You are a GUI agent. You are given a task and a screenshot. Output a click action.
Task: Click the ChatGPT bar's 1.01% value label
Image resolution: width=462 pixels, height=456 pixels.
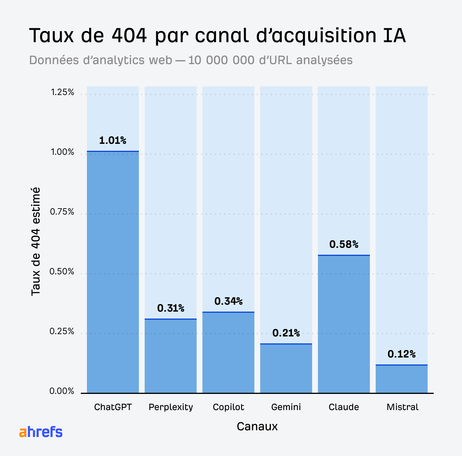[x=113, y=141]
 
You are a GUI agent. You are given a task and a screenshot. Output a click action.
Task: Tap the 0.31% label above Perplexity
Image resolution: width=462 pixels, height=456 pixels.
[x=171, y=308]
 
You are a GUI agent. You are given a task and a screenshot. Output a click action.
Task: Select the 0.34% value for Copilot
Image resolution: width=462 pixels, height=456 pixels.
[x=228, y=301]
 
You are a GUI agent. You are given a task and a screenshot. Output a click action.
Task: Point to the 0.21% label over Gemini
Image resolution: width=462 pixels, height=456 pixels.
[x=286, y=333]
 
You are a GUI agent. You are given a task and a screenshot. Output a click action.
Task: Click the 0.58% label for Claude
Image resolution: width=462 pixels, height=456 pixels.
[x=344, y=245]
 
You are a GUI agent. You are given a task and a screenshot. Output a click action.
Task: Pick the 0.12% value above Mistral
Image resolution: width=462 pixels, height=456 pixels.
[x=401, y=354]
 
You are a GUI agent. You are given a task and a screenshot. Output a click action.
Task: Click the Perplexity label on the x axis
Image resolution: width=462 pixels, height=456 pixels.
[x=171, y=407]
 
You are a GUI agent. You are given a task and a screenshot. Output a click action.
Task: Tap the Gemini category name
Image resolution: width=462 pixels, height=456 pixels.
[x=286, y=407]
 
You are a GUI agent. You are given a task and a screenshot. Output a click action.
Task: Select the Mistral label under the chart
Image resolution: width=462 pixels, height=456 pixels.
[x=402, y=407]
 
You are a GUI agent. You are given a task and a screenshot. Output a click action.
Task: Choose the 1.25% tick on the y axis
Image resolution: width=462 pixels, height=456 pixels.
[x=62, y=92]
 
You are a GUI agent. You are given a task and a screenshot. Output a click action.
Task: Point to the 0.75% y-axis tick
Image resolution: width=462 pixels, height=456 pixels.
[x=62, y=212]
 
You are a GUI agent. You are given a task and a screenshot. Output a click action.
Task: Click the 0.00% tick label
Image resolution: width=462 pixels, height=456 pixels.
[x=62, y=391]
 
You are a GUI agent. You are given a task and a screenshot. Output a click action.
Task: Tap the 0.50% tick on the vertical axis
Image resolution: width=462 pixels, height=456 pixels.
[x=62, y=272]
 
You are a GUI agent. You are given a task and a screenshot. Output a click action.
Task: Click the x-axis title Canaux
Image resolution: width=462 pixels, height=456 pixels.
[x=257, y=427]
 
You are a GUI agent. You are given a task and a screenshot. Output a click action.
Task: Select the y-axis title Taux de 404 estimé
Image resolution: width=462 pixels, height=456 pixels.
[x=36, y=241]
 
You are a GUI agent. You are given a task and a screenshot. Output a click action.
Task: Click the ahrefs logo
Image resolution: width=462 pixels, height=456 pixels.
[x=41, y=432]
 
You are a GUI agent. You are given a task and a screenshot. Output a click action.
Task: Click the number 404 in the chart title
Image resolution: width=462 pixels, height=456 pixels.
[x=129, y=36]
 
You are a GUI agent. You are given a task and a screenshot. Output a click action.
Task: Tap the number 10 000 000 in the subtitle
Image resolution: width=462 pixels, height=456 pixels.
[x=221, y=60]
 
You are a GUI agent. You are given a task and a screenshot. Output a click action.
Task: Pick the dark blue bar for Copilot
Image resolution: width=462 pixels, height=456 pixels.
[x=228, y=353]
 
